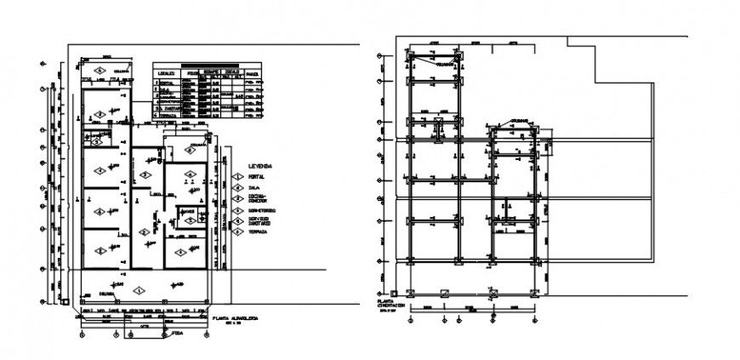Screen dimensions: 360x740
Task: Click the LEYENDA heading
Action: (x=259, y=164)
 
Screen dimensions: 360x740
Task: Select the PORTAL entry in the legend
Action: (x=258, y=176)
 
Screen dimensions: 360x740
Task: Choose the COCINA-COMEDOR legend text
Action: (x=259, y=199)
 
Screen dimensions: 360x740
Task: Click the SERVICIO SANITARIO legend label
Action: (x=260, y=220)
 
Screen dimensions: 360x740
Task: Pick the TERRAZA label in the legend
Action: (x=259, y=231)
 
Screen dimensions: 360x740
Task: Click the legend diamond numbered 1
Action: (x=238, y=176)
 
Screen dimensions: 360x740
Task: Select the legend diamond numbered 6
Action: (x=238, y=231)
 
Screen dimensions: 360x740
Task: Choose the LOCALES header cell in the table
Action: (x=167, y=74)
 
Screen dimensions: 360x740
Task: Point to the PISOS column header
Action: (x=192, y=74)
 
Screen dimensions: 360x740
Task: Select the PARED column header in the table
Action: (x=252, y=74)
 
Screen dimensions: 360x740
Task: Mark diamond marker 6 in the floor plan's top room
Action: (x=100, y=69)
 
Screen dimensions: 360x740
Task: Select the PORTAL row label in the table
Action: (x=166, y=83)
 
